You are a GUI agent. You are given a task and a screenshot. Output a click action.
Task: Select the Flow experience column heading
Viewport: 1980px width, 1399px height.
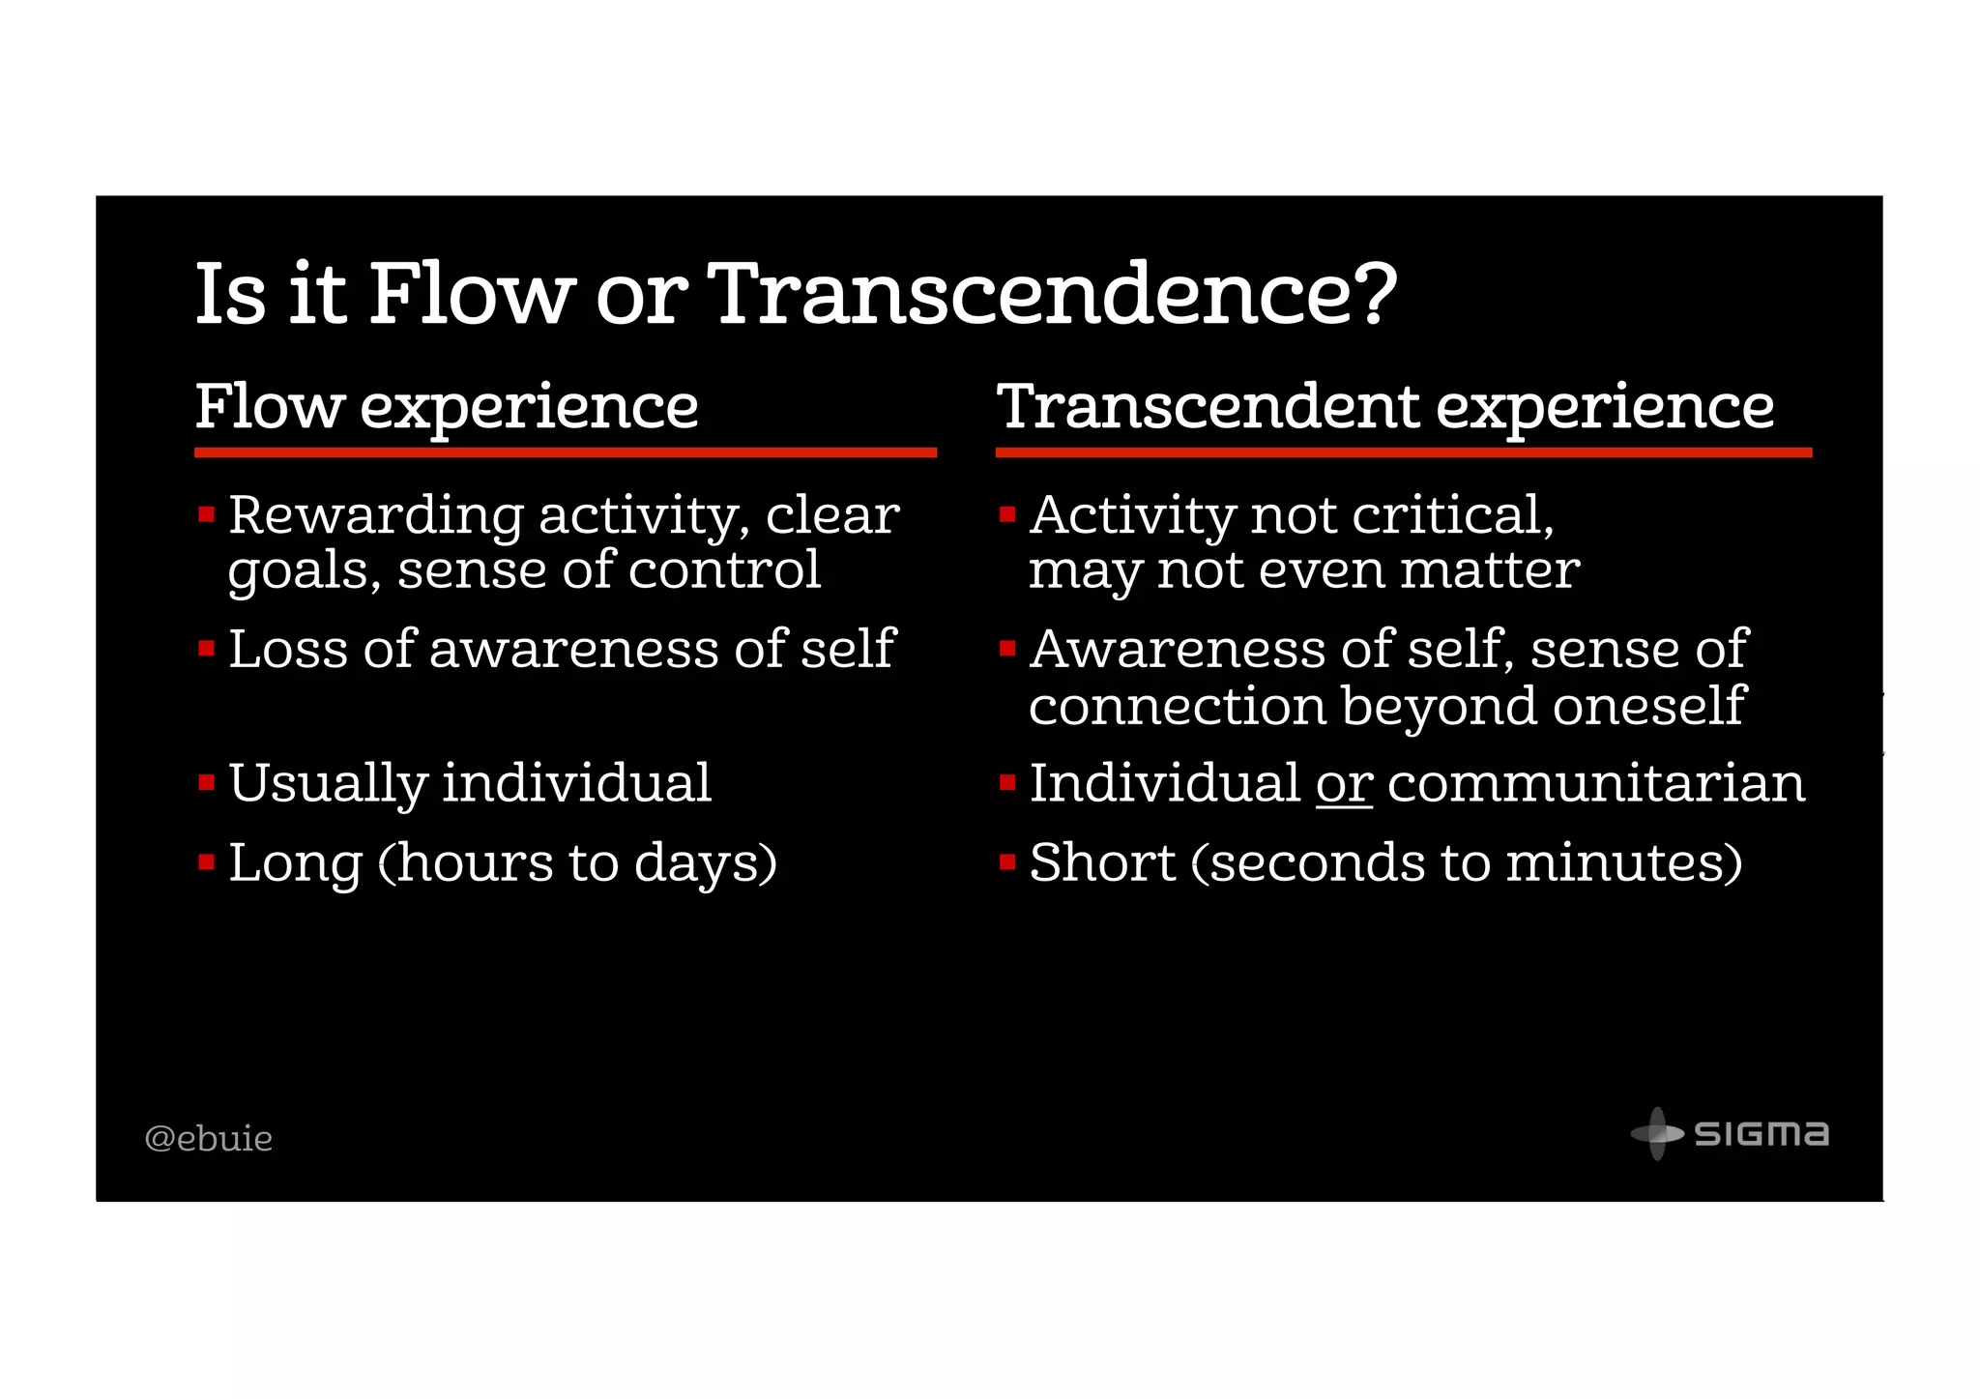tap(447, 406)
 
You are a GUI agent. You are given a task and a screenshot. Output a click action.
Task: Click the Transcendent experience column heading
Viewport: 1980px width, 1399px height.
tap(1385, 406)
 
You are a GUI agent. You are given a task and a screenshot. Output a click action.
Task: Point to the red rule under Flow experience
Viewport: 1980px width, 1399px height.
tap(566, 452)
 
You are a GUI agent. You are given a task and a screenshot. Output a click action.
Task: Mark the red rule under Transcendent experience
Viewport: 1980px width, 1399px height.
tap(1403, 452)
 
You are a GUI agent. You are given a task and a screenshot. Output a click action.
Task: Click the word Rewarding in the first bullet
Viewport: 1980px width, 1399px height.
tap(376, 515)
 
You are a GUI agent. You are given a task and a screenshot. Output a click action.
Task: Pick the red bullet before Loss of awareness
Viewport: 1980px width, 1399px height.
tap(206, 649)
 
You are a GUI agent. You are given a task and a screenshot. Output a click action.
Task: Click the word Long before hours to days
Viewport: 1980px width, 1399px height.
tap(294, 863)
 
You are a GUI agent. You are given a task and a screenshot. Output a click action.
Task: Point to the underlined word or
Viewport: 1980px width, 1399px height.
tap(1344, 784)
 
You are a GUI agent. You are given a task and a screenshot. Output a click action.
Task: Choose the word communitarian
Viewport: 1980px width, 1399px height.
tap(1595, 784)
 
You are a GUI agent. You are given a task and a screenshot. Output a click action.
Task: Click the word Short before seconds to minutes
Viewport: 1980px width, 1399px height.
tap(1102, 863)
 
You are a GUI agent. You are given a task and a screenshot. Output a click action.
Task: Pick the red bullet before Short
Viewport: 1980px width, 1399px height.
tap(1007, 861)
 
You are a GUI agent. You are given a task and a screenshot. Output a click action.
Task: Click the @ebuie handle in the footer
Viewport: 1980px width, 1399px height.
tap(209, 1139)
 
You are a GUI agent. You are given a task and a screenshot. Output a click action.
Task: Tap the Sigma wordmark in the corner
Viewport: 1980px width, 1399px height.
tap(1762, 1134)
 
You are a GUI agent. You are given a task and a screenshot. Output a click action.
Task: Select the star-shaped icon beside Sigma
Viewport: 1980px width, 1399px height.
tap(1657, 1133)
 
